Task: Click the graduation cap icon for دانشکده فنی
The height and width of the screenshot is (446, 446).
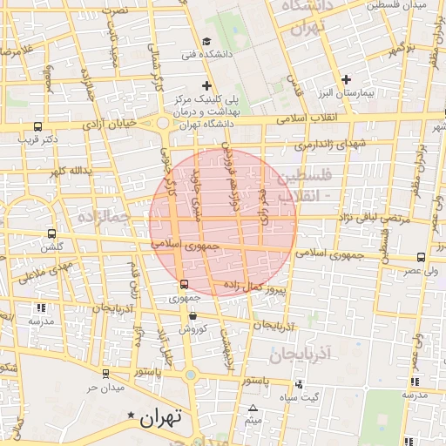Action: coord(206,41)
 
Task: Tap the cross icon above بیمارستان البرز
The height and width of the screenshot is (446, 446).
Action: coord(347,79)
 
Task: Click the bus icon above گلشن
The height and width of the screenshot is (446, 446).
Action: coord(51,233)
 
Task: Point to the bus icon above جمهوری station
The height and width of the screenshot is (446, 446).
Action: coord(183,284)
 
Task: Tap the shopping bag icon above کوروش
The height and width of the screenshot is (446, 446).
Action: coord(192,315)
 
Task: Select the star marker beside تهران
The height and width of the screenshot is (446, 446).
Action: coord(131,416)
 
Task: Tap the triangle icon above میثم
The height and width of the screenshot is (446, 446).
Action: coord(253,408)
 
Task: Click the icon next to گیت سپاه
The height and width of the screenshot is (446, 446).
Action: coord(300,384)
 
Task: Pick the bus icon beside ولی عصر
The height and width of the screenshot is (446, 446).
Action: coord(422,257)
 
